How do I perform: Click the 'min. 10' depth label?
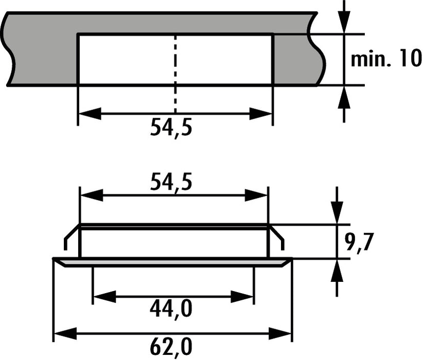coord(385,60)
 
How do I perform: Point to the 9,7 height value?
coord(359,241)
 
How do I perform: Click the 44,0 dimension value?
coord(171,309)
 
